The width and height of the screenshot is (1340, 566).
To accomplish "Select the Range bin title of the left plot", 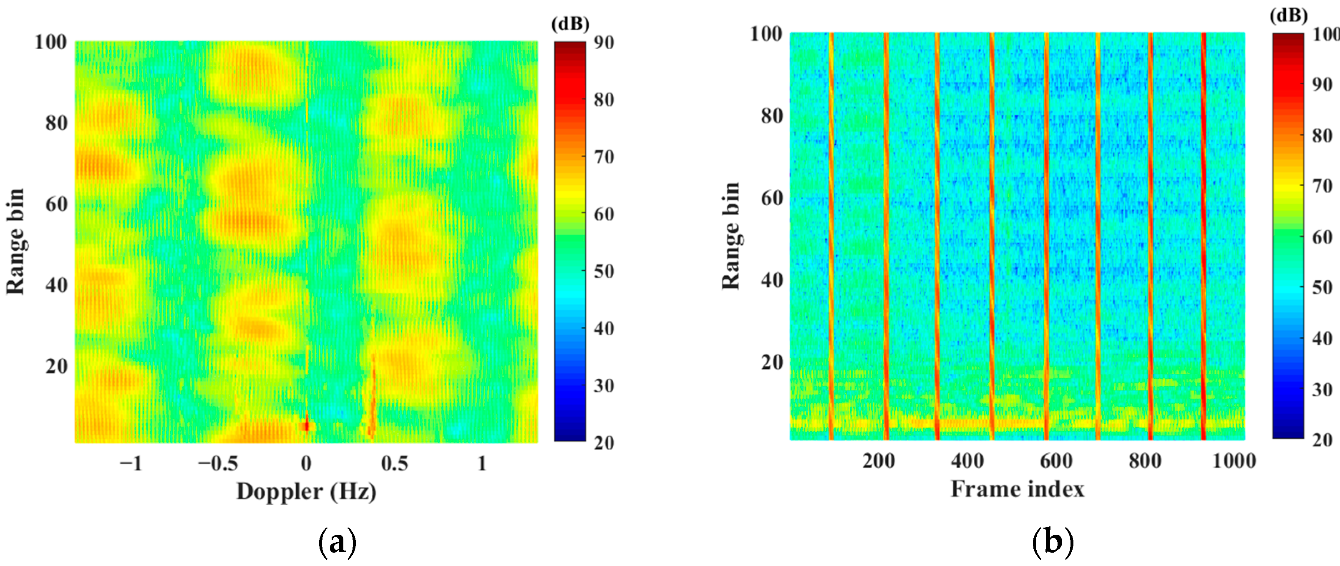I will [x=15, y=242].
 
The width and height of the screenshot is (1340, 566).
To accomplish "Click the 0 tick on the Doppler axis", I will [x=306, y=463].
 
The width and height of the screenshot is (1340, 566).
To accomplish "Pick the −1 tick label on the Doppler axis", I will [x=131, y=463].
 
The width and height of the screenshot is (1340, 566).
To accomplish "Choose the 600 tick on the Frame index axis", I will [x=1056, y=461].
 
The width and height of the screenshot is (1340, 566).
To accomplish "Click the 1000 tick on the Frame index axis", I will [x=1234, y=461].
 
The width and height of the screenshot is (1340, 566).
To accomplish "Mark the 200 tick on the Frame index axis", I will [x=879, y=461].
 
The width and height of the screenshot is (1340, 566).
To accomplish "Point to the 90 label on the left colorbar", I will [x=604, y=43].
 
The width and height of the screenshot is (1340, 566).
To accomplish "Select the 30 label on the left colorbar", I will [x=604, y=386].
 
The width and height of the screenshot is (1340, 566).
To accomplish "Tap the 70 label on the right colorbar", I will [x=1322, y=186].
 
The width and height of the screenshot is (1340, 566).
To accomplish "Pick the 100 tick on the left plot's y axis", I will [x=50, y=42].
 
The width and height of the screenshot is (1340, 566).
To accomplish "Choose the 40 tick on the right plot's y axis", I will [x=772, y=280].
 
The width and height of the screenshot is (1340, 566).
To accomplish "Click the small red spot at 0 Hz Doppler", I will [x=306, y=426].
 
